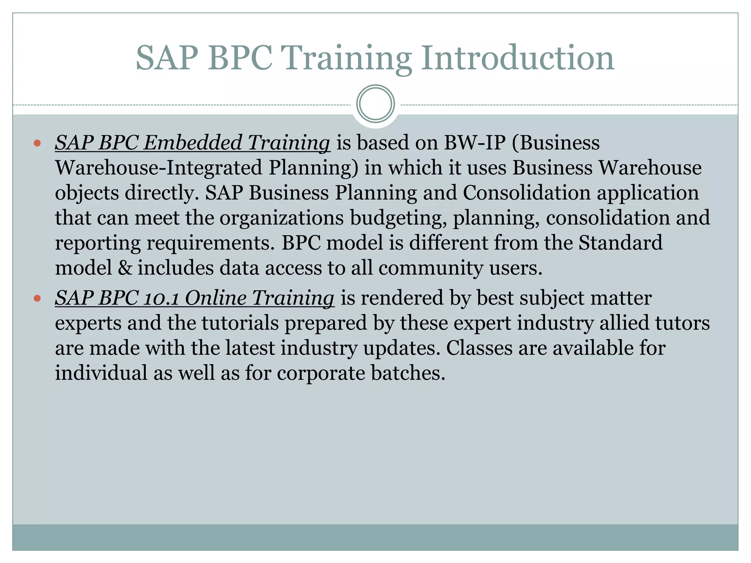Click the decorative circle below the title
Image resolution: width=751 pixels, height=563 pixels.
[375, 104]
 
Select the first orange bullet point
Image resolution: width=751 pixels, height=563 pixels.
[37, 143]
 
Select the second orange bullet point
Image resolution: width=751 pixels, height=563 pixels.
[37, 298]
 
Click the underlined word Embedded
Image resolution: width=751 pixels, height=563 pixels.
[192, 143]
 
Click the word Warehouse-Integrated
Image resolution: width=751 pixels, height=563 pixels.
[158, 168]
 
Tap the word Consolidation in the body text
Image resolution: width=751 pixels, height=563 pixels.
[527, 193]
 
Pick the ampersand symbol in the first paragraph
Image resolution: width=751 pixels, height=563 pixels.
[125, 268]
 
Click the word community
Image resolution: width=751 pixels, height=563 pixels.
[431, 268]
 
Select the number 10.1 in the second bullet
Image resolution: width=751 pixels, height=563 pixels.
[161, 298]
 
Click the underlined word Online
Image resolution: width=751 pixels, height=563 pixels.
[215, 298]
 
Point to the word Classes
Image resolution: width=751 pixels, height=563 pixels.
[479, 348]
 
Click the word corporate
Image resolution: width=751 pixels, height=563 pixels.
[320, 373]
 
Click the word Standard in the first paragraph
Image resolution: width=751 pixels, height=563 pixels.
[620, 243]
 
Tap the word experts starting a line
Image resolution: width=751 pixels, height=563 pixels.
[88, 324]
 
